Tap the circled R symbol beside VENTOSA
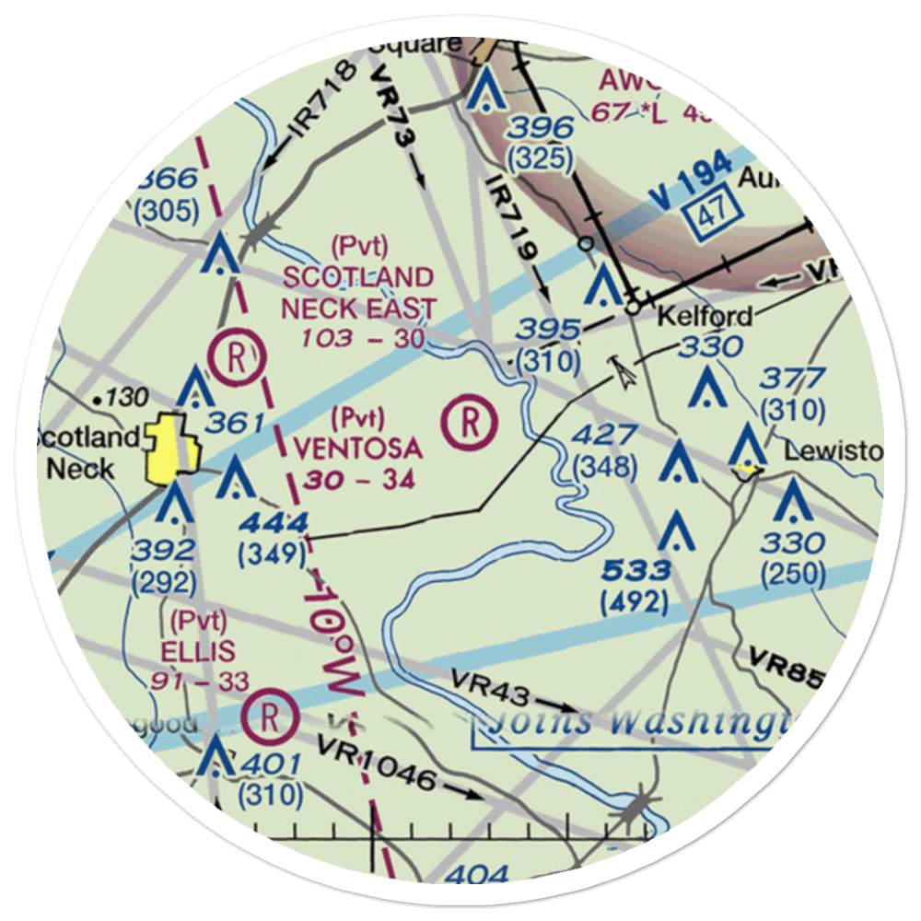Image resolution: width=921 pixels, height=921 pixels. tap(470, 423)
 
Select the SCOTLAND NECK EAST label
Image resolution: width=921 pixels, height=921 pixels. tap(358, 293)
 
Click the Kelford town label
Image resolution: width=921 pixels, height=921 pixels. tap(705, 317)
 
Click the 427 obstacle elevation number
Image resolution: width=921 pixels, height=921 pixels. tap(604, 435)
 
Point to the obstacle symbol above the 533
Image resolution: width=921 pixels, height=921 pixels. tap(678, 530)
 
